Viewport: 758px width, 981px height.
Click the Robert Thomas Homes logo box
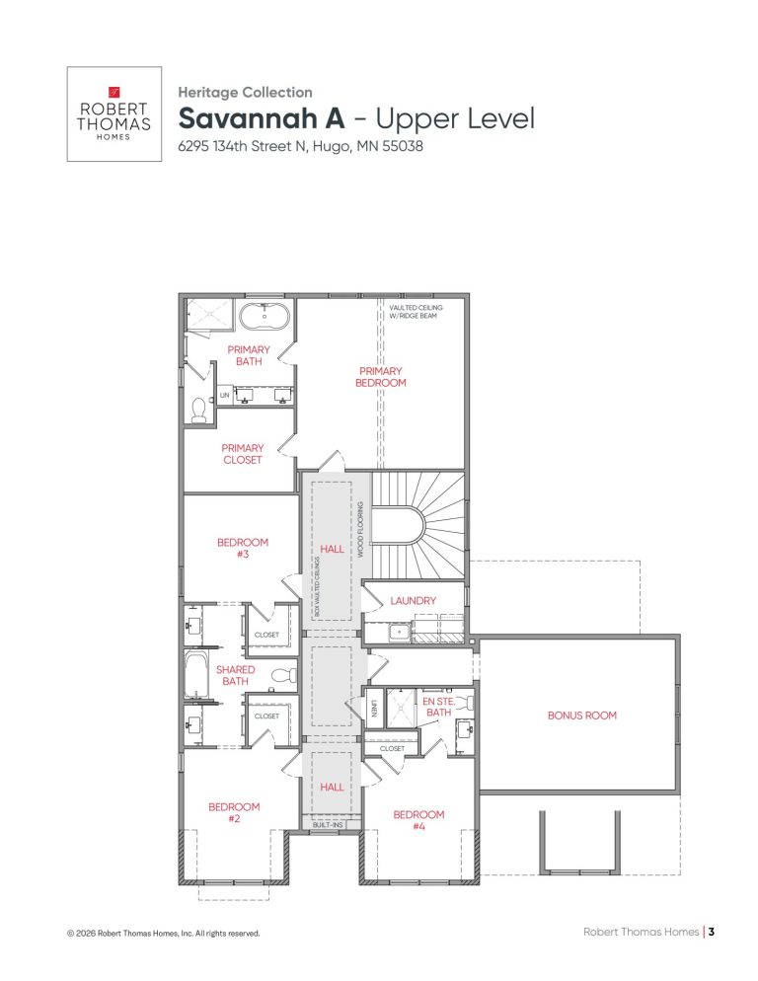click(114, 113)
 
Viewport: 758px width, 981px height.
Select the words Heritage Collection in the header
click(245, 92)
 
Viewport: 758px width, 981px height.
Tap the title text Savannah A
click(261, 120)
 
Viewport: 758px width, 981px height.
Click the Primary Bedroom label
click(380, 377)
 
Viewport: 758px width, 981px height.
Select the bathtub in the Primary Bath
click(264, 317)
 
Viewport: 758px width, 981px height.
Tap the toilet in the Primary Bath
click(198, 410)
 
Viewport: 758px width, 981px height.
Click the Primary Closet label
click(242, 454)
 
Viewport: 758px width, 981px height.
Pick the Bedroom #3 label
click(242, 548)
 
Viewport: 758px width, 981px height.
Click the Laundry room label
click(413, 600)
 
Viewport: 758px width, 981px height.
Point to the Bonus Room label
click(581, 716)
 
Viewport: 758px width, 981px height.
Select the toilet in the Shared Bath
click(282, 676)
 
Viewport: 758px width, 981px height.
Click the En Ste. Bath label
click(436, 707)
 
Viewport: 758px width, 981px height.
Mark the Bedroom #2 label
click(234, 812)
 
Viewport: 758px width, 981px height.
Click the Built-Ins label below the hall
click(329, 823)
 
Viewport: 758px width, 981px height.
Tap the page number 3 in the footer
click(711, 932)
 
